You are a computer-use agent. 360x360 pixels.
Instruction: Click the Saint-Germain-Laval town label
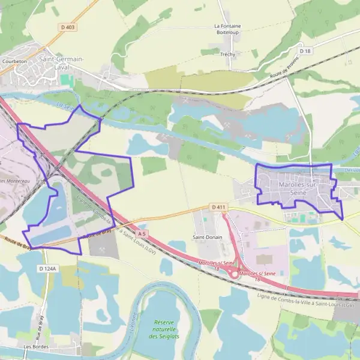click(61, 62)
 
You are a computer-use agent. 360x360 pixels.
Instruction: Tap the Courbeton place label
click(14, 61)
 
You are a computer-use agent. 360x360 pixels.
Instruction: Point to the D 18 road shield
click(307, 52)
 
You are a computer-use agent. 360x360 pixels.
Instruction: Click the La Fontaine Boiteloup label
click(227, 29)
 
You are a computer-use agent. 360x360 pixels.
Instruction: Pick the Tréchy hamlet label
click(227, 54)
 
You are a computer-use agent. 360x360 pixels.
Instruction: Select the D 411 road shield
click(219, 207)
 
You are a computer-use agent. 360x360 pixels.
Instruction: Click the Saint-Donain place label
click(207, 237)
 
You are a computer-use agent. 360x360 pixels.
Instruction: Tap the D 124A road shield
click(47, 269)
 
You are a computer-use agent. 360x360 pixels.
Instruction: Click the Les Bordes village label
click(35, 347)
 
